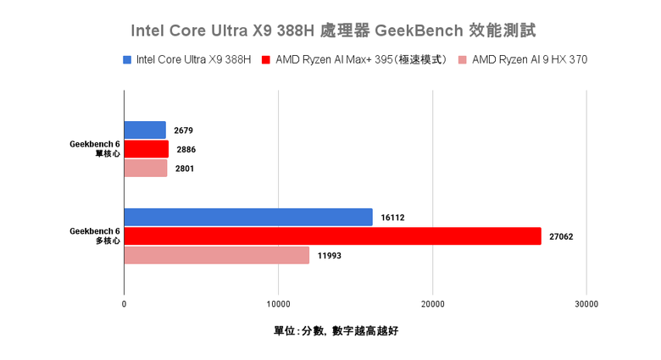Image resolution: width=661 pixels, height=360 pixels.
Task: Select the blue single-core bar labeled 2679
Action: point(145,130)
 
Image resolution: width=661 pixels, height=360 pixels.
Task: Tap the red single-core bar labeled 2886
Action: point(147,149)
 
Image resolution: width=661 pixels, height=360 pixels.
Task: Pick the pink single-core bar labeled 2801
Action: point(146,169)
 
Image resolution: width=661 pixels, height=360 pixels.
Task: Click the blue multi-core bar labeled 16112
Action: point(248,217)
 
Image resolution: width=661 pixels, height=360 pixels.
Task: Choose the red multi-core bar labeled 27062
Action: point(332,236)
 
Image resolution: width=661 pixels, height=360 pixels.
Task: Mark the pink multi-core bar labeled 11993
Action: point(217,255)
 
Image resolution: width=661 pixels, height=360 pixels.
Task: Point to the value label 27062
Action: point(561,237)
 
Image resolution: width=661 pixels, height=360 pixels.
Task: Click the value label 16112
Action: point(392,218)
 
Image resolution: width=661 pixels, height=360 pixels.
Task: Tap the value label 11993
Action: point(329,256)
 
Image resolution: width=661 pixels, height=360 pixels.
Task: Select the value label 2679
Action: point(185,131)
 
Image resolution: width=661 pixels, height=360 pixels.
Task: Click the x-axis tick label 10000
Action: point(279,303)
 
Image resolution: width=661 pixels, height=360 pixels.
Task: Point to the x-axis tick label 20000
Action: point(433,303)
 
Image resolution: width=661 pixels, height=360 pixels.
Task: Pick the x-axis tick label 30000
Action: point(586,303)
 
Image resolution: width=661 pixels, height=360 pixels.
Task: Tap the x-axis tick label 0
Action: point(125,303)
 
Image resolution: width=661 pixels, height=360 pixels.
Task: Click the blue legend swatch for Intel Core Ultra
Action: point(127,60)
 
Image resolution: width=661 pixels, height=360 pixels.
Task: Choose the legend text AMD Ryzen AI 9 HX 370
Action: point(530,60)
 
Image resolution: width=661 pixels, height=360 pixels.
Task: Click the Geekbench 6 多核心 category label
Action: point(95,235)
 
